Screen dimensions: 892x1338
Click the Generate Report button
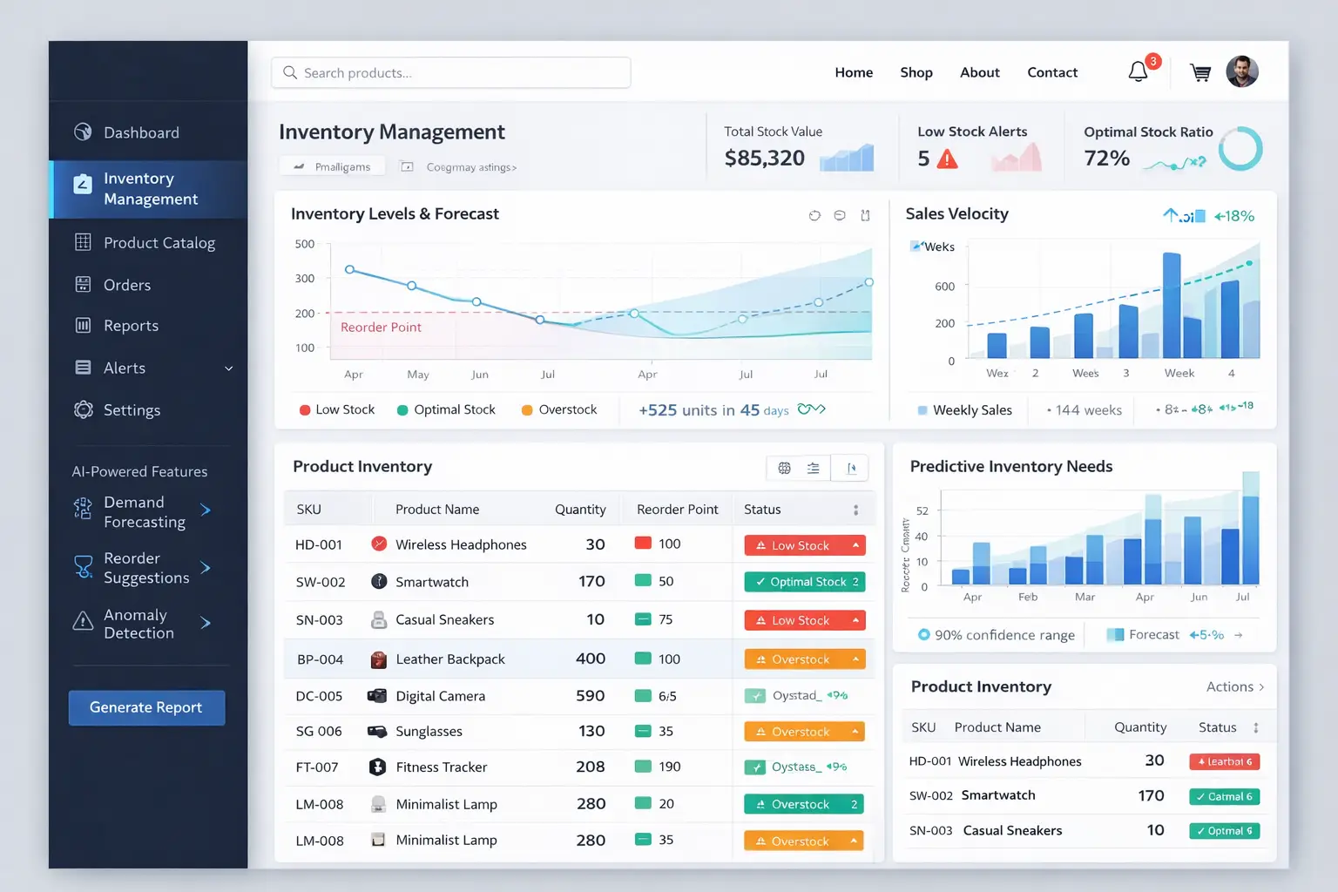[x=146, y=707]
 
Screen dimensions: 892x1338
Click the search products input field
[x=451, y=72]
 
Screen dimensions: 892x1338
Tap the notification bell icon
[x=1138, y=71]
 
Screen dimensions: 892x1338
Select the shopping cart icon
[x=1200, y=73]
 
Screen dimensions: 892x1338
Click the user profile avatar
[x=1242, y=71]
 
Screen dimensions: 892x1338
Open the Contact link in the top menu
[x=1052, y=72]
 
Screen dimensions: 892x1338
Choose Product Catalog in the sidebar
[x=159, y=242]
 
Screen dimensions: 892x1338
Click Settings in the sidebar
[x=132, y=409]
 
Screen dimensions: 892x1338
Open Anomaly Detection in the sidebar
[x=139, y=624]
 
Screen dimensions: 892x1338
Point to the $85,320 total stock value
[x=765, y=158]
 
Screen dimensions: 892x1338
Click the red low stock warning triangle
[x=947, y=159]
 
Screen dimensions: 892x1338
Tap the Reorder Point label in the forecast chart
[x=381, y=328]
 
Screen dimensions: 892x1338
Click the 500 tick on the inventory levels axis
[x=305, y=244]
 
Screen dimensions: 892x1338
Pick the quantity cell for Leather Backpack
[x=590, y=659]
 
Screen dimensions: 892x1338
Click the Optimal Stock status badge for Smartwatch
[x=804, y=582]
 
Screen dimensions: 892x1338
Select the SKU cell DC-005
[x=319, y=696]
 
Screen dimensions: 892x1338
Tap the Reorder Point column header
[x=677, y=510]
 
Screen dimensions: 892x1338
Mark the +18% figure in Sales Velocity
[x=1234, y=216]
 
